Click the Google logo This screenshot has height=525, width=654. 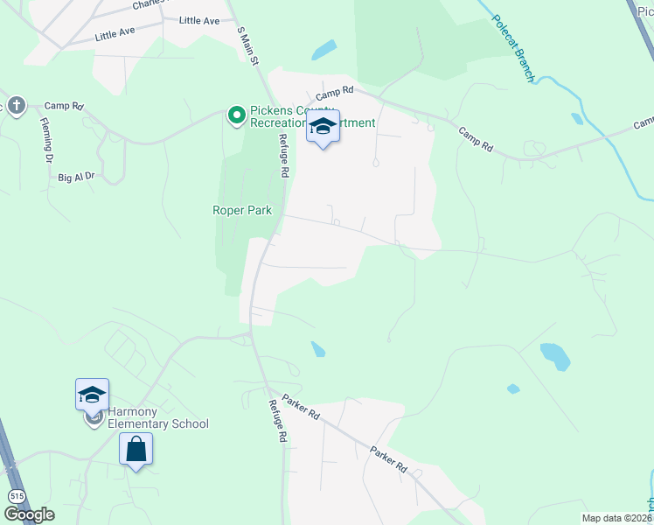pos(28,514)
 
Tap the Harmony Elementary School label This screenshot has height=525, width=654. pos(158,417)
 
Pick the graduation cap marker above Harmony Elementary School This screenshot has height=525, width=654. pos(92,395)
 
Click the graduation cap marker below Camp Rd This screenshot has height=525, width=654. pos(323,128)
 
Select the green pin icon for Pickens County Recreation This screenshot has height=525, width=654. pos(235,115)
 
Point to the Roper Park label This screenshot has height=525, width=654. pos(242,210)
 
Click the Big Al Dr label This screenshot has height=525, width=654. pos(76,177)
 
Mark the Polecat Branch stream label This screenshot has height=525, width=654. pos(512,48)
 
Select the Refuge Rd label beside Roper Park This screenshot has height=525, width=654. pos(282,156)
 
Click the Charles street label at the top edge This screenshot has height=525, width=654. pos(150,4)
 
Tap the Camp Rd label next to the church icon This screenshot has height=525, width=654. pos(63,106)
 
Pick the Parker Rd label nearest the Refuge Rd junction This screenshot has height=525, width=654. pos(301,403)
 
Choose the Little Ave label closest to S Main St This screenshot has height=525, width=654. pos(199,20)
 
